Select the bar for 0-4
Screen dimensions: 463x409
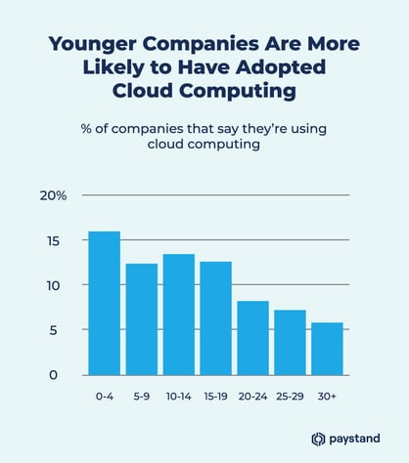coord(104,303)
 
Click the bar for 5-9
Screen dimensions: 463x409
coord(142,319)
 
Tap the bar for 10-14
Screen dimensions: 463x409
coord(179,315)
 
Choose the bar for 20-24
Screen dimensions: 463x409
coord(253,338)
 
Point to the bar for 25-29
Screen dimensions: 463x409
coord(291,343)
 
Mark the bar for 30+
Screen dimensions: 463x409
coord(328,349)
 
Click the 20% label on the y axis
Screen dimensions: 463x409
coord(54,195)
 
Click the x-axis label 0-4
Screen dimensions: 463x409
coord(104,397)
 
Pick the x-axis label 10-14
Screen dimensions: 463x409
coord(179,397)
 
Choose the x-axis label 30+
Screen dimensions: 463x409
coord(328,397)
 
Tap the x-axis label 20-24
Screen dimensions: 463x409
coord(253,397)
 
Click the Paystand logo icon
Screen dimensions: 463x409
coord(318,439)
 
